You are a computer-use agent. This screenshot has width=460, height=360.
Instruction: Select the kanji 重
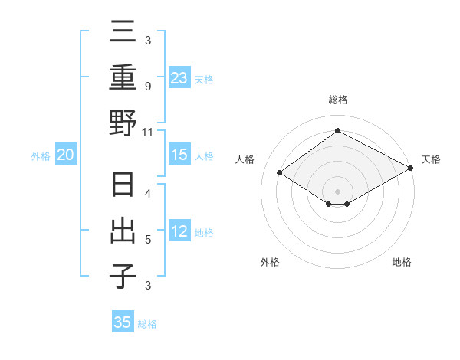[123, 79]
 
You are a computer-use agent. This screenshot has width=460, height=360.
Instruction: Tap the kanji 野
[123, 123]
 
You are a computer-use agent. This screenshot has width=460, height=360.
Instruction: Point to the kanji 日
[123, 186]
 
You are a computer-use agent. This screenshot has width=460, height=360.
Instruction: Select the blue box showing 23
[179, 78]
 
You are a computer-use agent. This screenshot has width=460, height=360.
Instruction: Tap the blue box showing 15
[179, 155]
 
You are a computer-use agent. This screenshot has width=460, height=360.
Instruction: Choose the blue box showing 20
[65, 155]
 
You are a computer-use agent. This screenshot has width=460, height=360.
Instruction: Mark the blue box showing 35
[123, 322]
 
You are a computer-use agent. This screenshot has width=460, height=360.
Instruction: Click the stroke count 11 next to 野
[148, 132]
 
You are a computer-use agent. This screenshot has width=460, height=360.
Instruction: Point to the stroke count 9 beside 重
[148, 87]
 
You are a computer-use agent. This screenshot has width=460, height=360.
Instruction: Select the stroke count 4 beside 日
[148, 195]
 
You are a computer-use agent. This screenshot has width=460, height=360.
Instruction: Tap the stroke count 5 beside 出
[148, 239]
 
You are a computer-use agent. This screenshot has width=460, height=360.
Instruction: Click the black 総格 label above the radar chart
[337, 100]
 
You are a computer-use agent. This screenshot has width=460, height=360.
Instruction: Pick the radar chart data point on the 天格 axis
[411, 169]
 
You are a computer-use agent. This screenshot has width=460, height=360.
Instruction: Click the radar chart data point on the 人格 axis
[280, 173]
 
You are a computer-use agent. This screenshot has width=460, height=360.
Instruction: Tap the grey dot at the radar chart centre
[337, 190]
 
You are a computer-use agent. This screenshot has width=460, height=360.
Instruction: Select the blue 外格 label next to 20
[41, 156]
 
